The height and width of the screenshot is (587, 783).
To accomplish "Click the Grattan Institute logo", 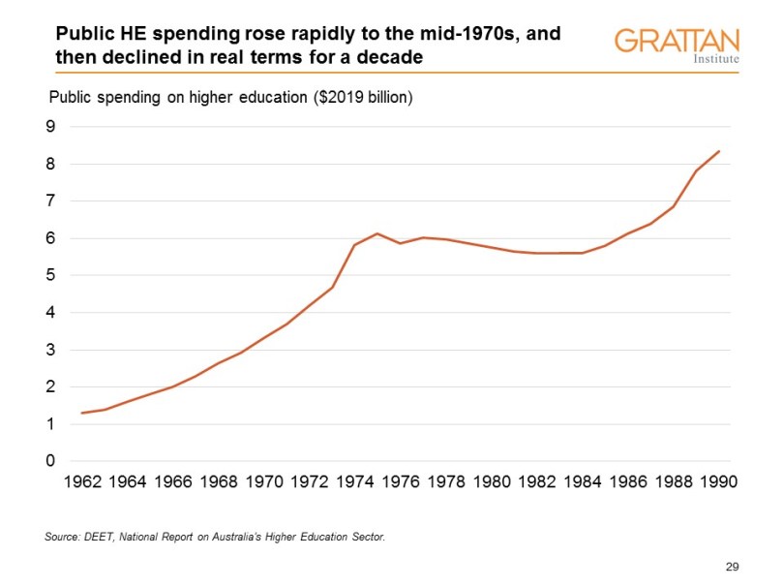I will click(677, 45).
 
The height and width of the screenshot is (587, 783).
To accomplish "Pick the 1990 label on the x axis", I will click(718, 481).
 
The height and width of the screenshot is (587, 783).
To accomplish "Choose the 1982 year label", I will click(536, 481).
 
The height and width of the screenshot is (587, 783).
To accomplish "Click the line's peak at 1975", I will click(377, 233).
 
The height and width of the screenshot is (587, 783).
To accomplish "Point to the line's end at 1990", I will click(718, 151).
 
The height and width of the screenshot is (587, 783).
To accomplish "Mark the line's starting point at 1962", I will click(81, 413).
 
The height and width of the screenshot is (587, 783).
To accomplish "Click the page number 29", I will click(732, 566).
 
